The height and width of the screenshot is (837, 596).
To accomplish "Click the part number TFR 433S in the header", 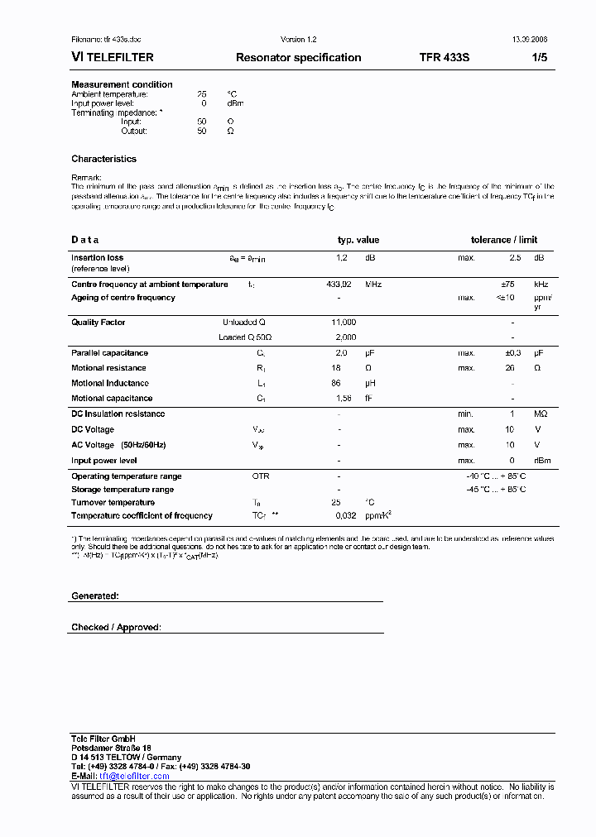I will click(x=444, y=58).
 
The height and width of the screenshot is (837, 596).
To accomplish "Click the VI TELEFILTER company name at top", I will click(x=113, y=58).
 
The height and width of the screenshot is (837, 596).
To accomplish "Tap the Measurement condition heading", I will click(x=122, y=84).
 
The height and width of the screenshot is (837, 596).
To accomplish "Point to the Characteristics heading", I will click(x=103, y=159).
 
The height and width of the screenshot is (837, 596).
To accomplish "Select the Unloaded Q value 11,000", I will click(x=344, y=322).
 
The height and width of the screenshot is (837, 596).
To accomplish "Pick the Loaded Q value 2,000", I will click(x=345, y=337).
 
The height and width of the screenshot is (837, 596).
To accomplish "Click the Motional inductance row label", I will click(x=110, y=384).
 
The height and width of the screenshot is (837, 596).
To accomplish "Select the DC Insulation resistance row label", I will click(x=118, y=414).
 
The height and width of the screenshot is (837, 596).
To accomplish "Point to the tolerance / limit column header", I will click(x=504, y=240).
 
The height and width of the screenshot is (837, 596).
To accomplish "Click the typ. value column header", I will click(x=358, y=240).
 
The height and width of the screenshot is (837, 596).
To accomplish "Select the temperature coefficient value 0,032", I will click(x=345, y=516).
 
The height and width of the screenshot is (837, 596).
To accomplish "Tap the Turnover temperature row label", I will click(x=113, y=503).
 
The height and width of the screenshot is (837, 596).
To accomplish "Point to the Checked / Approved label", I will click(x=116, y=628).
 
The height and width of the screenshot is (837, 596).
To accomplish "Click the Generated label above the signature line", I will click(x=95, y=595).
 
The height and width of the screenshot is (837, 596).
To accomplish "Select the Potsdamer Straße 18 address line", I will click(x=111, y=748).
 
